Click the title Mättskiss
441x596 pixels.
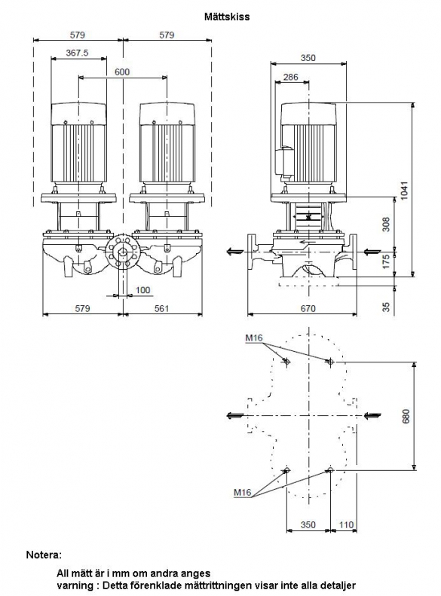pyautogui.click(x=227, y=17)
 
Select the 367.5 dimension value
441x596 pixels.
pyautogui.click(x=77, y=53)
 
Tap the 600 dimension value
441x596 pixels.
pyautogui.click(x=122, y=72)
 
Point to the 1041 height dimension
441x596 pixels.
pyautogui.click(x=404, y=191)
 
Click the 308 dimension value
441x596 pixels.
pyautogui.click(x=386, y=225)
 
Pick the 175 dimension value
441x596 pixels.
pyautogui.click(x=386, y=261)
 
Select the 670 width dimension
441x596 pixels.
pyautogui.click(x=308, y=308)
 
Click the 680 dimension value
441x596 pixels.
pyautogui.click(x=406, y=416)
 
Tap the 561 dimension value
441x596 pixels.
pyautogui.click(x=161, y=308)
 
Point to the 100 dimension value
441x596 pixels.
pyautogui.click(x=142, y=290)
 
